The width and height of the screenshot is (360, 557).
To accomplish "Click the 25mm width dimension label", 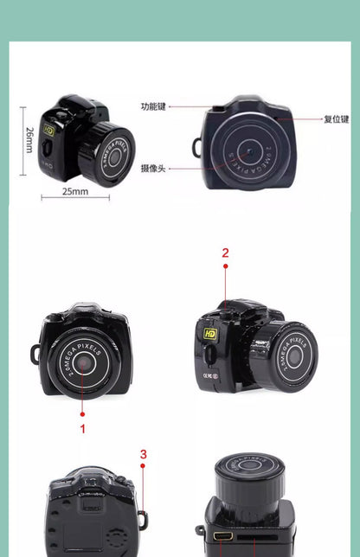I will pos(74,191).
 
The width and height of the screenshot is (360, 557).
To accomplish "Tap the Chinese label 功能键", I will pos(152,106).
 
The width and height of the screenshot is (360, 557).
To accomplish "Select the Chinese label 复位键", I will pos(336,118).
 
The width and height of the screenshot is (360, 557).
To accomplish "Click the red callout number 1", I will pos(83,428).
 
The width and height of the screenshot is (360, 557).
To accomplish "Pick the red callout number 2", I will pos(225,253).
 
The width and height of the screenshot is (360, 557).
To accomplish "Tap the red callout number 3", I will pos(143,454).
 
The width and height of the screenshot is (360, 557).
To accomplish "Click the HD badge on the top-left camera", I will pos(49,130).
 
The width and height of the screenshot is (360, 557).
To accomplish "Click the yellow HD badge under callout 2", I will pos(209,332).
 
